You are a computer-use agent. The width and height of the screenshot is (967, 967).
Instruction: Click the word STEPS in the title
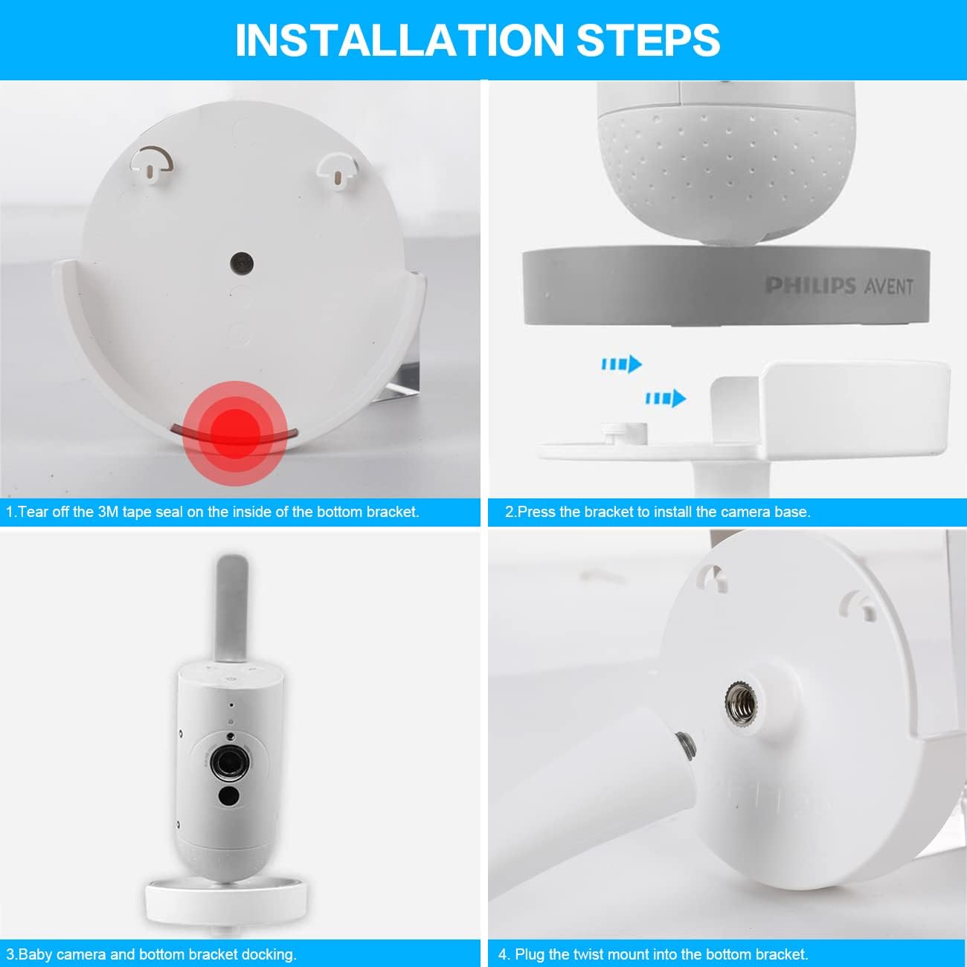click(648, 40)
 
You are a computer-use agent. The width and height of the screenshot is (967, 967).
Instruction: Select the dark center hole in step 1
click(242, 262)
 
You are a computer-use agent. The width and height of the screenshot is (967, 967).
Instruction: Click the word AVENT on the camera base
click(888, 286)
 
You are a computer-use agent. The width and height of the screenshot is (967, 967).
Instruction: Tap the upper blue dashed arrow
click(621, 364)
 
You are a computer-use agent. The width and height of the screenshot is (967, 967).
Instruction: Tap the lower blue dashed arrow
click(665, 398)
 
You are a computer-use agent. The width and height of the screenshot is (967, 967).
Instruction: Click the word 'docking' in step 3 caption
click(267, 954)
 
